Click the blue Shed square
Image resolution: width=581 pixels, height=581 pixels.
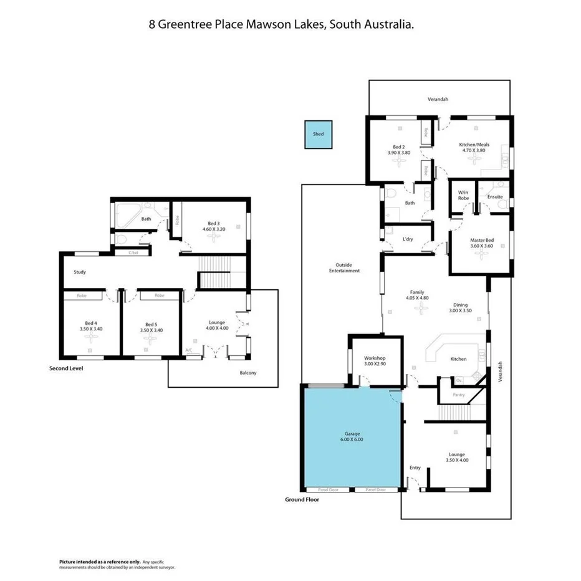pos(318,134)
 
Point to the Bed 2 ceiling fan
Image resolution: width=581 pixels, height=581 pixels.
pos(399,160)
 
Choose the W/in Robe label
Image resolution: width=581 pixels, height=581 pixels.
pos(463,195)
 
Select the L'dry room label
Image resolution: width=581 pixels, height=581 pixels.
pos(408,239)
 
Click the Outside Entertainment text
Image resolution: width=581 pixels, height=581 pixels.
pos(344,268)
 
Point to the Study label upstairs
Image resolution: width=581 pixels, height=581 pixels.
pos(79,272)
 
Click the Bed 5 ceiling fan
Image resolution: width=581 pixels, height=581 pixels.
pos(151,337)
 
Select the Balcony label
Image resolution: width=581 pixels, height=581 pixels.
pos(248,373)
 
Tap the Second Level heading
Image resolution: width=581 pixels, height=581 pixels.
pos(66,368)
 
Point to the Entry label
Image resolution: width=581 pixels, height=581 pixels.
pos(415,467)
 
